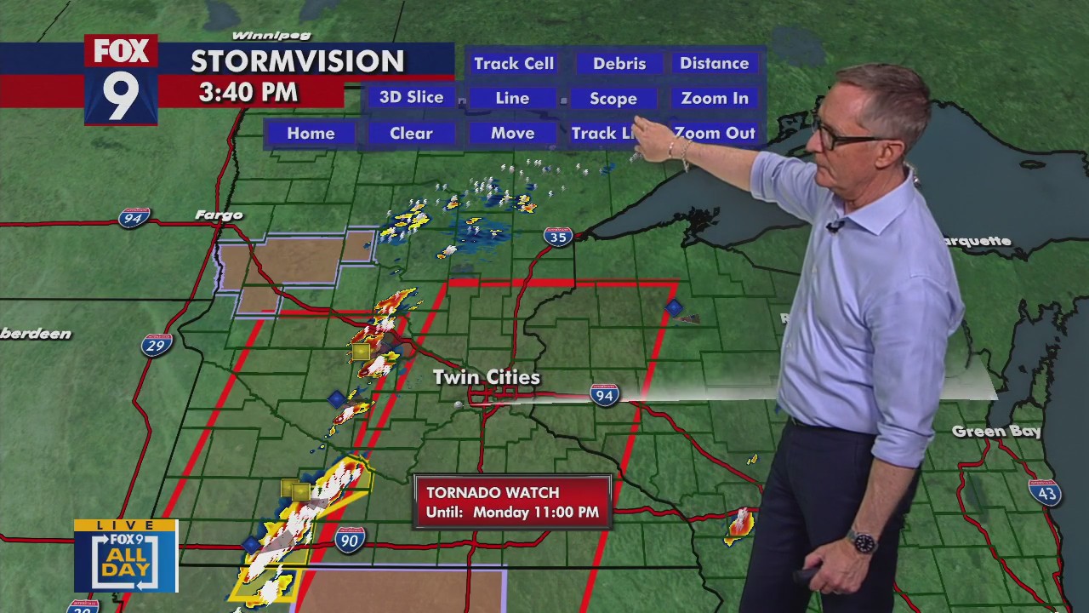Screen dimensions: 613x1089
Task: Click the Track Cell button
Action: coord(513,64)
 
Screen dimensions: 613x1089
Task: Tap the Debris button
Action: coord(619,64)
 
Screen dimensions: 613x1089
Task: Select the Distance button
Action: coord(714,64)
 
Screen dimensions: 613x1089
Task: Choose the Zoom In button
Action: coord(714,99)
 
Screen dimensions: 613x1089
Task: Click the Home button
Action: coord(311,134)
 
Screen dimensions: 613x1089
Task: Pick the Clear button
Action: coord(411,134)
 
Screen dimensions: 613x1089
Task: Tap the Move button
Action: coord(512,134)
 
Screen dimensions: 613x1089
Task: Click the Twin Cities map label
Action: coord(486,377)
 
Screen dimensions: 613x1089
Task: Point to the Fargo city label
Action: coord(219,215)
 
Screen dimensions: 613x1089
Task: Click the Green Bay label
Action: coord(996,432)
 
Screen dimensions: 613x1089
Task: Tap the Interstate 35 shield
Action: coord(558,237)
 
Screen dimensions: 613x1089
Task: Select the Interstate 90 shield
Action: coord(350,539)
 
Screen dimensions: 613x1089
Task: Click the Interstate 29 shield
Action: coord(157,345)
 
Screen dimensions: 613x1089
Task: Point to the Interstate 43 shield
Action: coord(1044,492)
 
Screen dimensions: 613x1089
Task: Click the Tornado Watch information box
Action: coord(512,502)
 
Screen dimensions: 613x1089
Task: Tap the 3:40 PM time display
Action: coord(248,92)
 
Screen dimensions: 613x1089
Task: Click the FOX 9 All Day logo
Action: coord(126,556)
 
